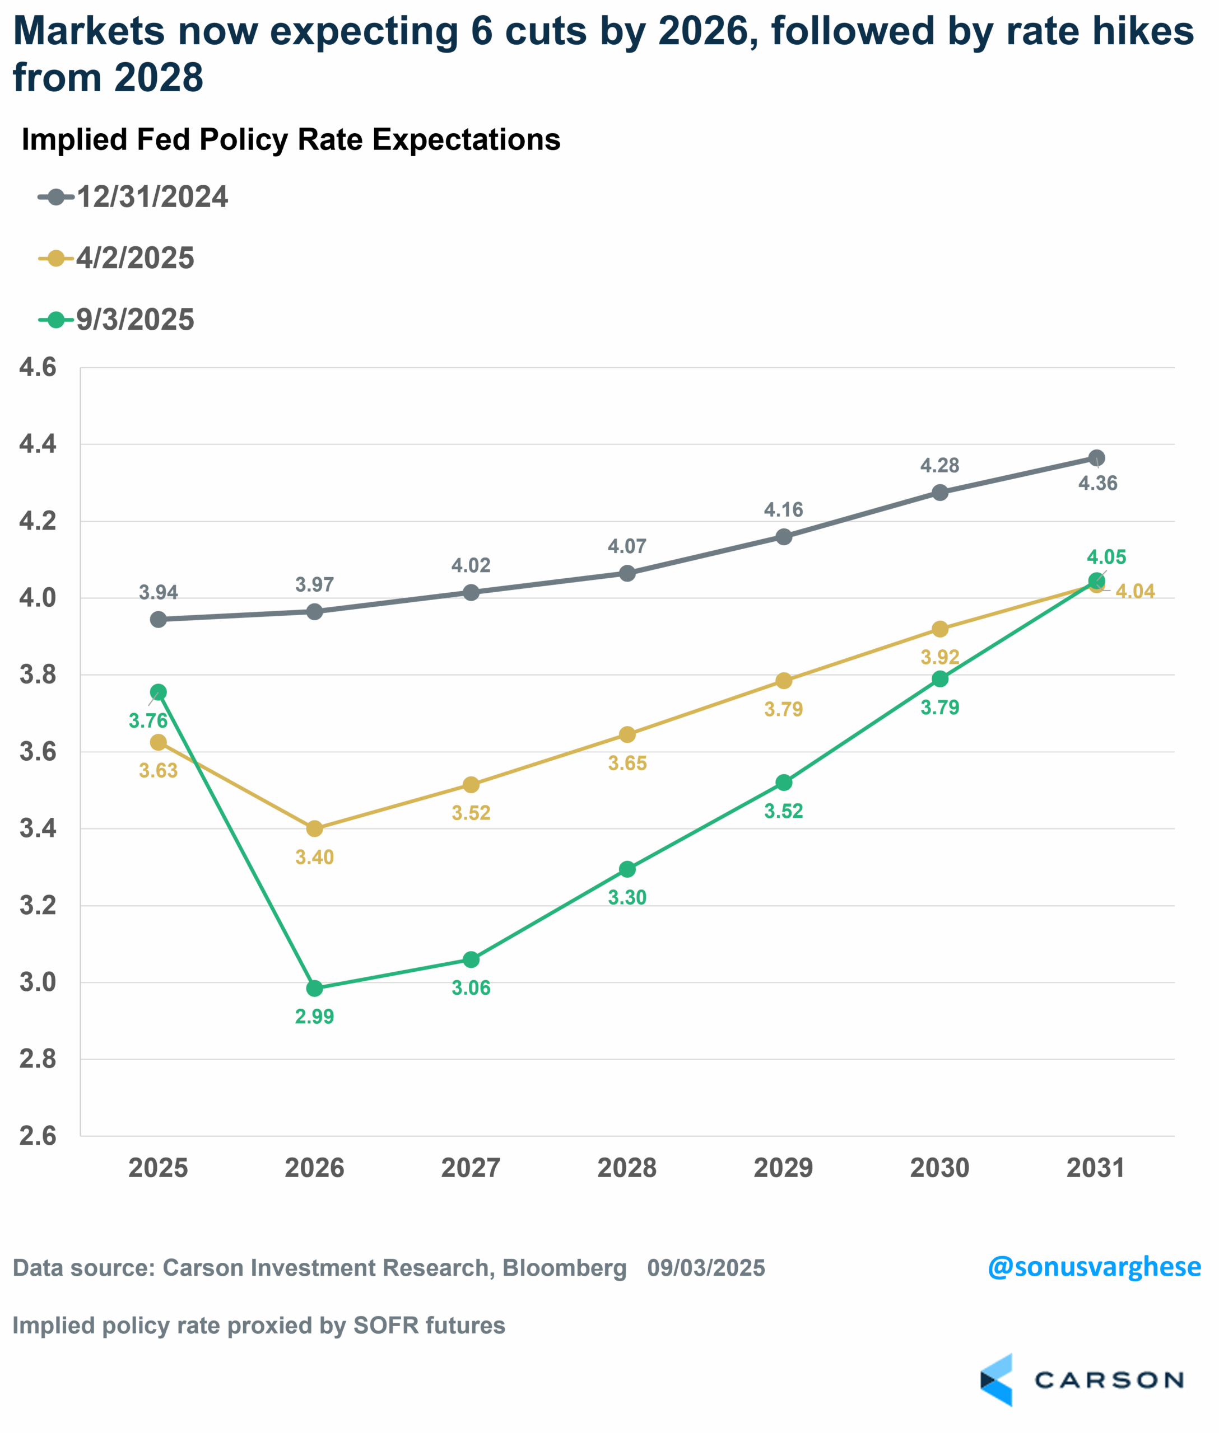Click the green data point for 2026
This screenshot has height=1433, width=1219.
point(314,988)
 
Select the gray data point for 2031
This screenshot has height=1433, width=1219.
point(1096,458)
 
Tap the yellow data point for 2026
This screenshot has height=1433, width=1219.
point(314,828)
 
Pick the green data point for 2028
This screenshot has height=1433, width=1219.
point(627,869)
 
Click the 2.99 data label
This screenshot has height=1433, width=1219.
point(314,1017)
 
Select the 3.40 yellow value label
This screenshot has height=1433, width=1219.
point(314,857)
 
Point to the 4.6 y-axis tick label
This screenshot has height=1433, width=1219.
point(38,367)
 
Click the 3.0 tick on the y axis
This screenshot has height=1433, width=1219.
point(38,982)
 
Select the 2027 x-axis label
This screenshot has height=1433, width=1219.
point(471,1168)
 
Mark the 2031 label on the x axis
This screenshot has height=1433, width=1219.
point(1096,1168)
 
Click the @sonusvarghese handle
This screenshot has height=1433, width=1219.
point(1094,1267)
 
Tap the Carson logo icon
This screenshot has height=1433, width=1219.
point(996,1380)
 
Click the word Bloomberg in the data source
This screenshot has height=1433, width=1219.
point(564,1268)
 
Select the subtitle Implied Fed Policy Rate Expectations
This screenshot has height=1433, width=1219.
point(291,139)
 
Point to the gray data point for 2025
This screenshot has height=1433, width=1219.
point(158,620)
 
